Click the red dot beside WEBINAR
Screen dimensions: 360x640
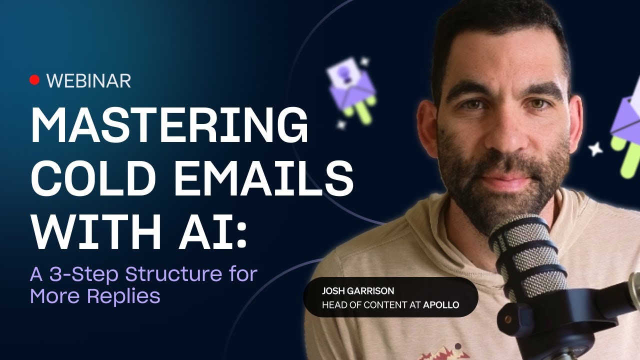tap(34, 80)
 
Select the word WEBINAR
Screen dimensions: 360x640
tap(88, 80)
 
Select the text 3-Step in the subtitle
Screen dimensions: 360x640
tap(85, 274)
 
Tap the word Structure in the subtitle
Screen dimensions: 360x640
tap(176, 274)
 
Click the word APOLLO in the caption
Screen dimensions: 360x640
tap(441, 304)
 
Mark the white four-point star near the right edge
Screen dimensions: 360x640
tap(595, 148)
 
